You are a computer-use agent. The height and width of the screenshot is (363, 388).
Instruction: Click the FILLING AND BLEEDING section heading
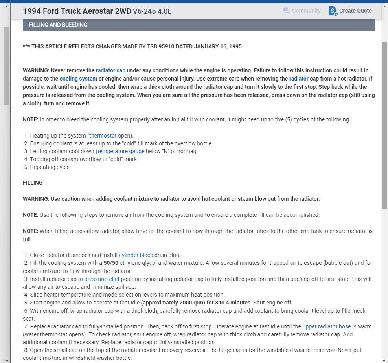pyautogui.click(x=58, y=25)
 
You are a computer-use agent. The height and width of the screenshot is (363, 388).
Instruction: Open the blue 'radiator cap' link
pyautogui.click(x=110, y=70)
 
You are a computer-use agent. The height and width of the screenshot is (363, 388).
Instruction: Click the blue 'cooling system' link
pyautogui.click(x=78, y=79)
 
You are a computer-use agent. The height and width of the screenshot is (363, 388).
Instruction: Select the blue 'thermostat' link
pyautogui.click(x=103, y=136)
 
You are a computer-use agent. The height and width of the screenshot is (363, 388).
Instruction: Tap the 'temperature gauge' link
pyautogui.click(x=121, y=151)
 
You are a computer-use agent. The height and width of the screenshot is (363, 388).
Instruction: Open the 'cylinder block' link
pyautogui.click(x=136, y=255)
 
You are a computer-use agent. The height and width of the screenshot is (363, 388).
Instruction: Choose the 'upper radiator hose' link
pyautogui.click(x=326, y=326)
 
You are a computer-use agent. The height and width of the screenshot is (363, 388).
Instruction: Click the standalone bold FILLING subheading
pyautogui.click(x=33, y=183)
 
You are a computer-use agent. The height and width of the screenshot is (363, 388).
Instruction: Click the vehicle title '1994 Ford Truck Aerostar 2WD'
pyautogui.click(x=77, y=11)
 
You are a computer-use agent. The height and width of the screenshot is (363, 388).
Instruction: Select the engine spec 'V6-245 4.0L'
pyautogui.click(x=152, y=11)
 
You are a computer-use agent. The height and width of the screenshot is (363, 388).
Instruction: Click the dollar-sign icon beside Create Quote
pyautogui.click(x=333, y=11)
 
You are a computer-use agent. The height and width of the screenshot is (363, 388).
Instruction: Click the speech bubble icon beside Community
pyautogui.click(x=286, y=11)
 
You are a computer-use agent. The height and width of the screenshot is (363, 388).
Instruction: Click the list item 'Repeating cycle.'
pyautogui.click(x=50, y=167)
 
